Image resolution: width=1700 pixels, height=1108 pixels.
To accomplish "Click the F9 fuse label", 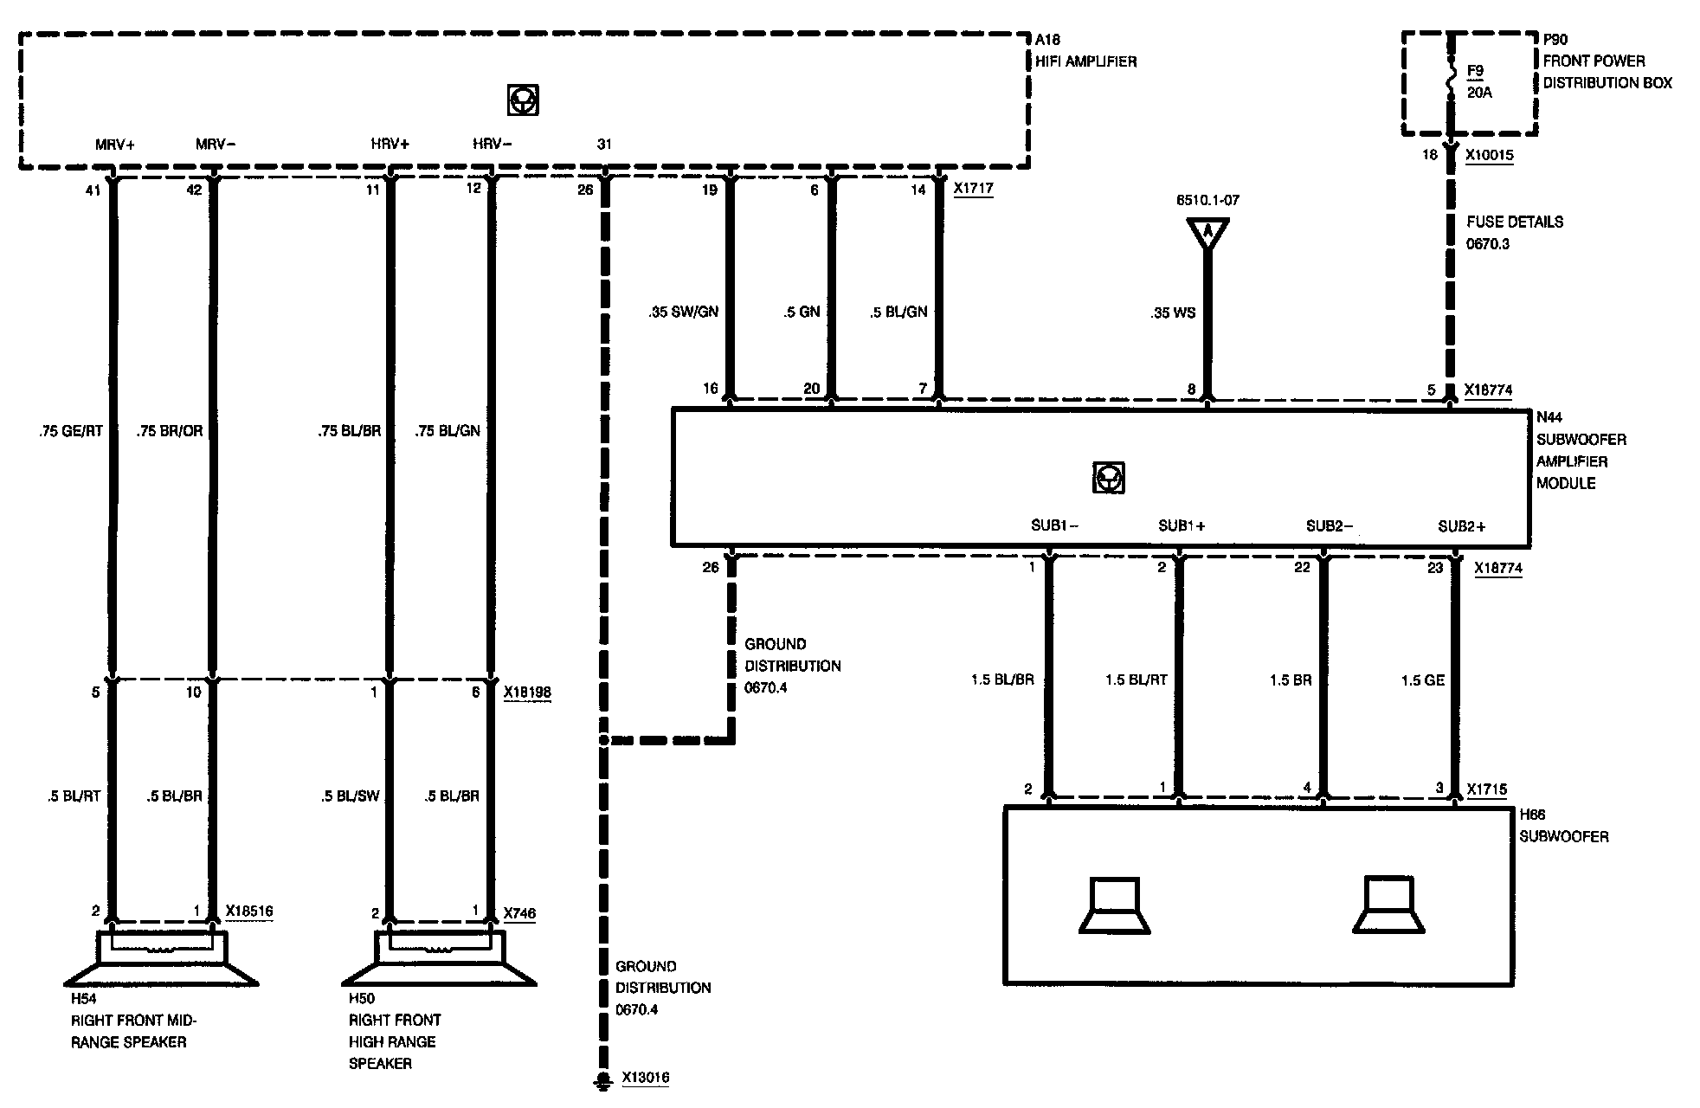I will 1475,72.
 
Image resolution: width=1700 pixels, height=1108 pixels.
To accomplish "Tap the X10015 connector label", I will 1489,155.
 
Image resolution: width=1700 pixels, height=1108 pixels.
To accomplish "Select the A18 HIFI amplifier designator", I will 1047,40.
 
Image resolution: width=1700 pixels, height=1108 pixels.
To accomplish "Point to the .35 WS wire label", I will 1174,312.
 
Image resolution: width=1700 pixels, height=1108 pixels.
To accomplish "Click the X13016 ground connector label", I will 645,1078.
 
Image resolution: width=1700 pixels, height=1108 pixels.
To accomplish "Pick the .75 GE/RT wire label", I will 70,430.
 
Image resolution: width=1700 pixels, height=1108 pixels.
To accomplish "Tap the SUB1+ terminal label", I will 1182,525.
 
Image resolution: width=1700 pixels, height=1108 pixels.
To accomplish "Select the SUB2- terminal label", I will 1330,525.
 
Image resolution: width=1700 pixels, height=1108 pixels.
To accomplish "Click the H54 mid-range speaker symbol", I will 163,958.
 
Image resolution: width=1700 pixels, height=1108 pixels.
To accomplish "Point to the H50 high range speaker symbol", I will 440,958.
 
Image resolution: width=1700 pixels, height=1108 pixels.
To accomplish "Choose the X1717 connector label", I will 973,188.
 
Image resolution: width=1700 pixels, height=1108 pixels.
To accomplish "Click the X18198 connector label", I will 527,692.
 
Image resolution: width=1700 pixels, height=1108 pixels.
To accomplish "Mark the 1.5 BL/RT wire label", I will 1136,680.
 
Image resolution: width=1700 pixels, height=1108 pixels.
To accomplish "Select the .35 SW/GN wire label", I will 684,312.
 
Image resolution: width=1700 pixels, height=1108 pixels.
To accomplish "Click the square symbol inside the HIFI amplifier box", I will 524,100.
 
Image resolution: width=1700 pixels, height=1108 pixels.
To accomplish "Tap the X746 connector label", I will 519,913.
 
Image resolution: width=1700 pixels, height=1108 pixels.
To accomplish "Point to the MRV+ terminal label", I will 115,144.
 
